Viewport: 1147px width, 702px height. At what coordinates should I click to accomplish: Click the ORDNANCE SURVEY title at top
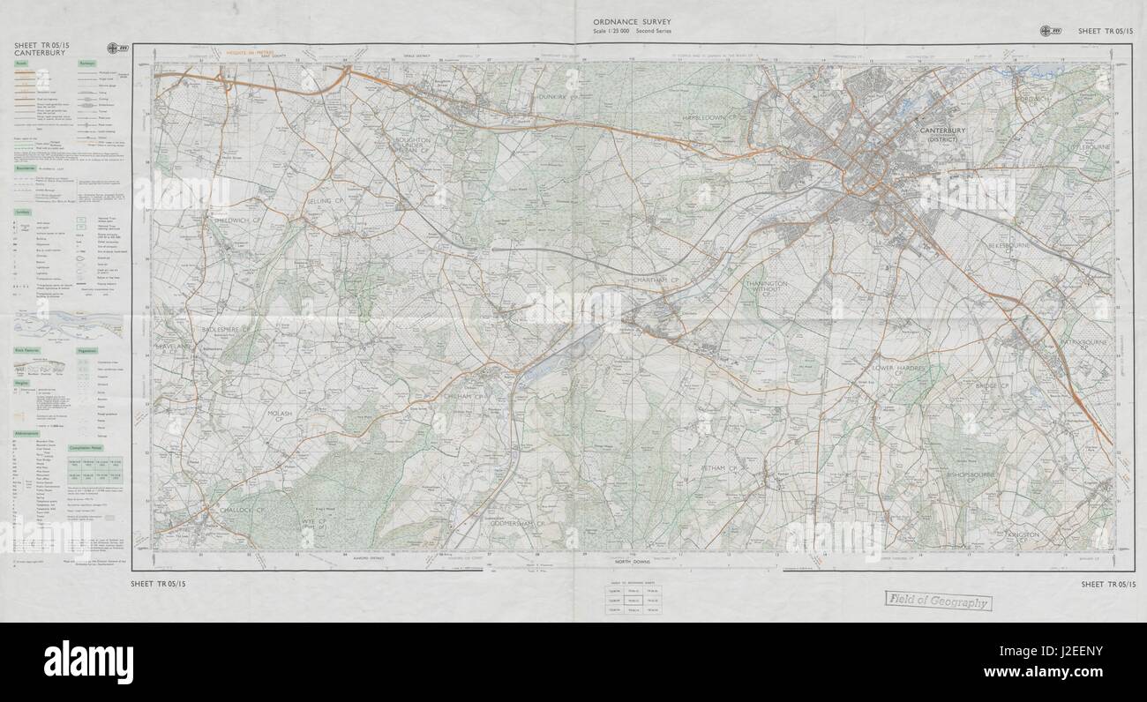pos(629,21)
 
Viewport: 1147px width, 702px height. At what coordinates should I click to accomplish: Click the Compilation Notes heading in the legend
pos(101,448)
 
